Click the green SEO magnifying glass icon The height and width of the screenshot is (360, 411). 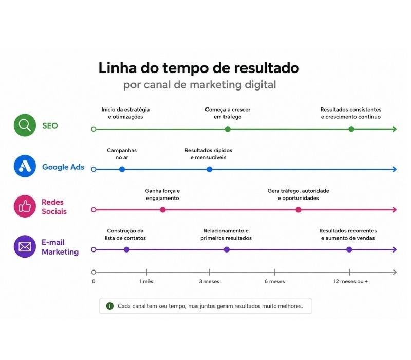(25, 125)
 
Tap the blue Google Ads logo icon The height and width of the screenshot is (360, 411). (25, 166)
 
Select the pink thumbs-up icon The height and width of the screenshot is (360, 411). (25, 206)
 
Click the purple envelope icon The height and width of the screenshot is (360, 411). (25, 246)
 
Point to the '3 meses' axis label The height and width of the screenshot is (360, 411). (209, 281)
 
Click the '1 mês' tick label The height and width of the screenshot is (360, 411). (146, 281)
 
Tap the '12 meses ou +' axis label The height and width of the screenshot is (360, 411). (351, 281)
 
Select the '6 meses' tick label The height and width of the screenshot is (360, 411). (274, 281)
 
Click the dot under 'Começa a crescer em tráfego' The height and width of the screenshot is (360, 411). (228, 129)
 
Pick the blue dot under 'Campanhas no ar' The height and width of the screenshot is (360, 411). (122, 170)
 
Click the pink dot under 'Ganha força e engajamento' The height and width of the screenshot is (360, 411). (163, 210)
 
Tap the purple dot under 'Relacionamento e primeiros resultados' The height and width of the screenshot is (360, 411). (227, 249)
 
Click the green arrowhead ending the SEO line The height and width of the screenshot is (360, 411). (395, 129)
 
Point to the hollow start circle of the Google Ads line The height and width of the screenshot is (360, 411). (94, 170)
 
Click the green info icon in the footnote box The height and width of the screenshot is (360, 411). (110, 306)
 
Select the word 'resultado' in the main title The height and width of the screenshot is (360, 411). (267, 68)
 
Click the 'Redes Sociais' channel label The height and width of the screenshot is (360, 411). (54, 207)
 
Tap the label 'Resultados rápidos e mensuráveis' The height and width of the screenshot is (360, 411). (209, 154)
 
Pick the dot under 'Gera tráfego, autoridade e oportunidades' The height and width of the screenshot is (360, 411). (298, 210)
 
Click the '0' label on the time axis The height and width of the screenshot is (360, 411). (94, 281)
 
